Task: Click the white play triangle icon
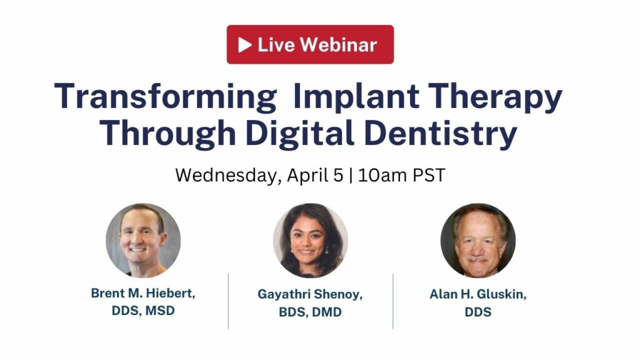point(244,45)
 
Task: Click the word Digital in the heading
point(300,134)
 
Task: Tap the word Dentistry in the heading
point(441,134)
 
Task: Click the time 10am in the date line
point(382,175)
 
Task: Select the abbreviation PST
point(429,175)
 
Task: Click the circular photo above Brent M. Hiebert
point(143,241)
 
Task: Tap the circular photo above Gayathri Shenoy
point(310,241)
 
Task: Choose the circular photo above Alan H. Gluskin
point(478,241)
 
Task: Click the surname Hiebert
point(171,293)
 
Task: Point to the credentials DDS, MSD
point(143,311)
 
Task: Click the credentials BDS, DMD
point(310,312)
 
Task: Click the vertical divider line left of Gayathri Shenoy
point(228,301)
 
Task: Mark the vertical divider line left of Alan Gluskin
point(393,301)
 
